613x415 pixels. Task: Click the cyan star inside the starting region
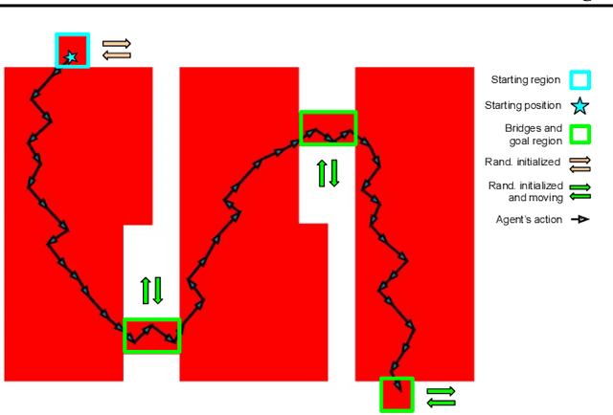71,57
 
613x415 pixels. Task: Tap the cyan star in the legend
579,106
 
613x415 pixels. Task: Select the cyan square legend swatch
579,80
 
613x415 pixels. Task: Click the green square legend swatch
579,134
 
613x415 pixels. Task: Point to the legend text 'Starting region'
526,80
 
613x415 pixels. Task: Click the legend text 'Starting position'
523,105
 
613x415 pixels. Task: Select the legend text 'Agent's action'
529,219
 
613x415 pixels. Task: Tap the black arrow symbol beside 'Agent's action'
580,219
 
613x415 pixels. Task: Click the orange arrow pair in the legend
580,164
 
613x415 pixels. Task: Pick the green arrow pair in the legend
580,192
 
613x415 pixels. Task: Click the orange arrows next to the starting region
117,50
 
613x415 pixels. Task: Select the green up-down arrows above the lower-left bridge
151,291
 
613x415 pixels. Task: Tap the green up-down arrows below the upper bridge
328,173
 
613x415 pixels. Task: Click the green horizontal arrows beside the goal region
441,397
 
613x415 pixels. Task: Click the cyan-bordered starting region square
73,34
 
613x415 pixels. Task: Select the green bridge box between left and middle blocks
152,319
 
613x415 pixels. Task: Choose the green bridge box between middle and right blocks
329,112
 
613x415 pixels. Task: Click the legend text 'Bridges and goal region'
534,134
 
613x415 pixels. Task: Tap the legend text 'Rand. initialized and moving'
526,191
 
